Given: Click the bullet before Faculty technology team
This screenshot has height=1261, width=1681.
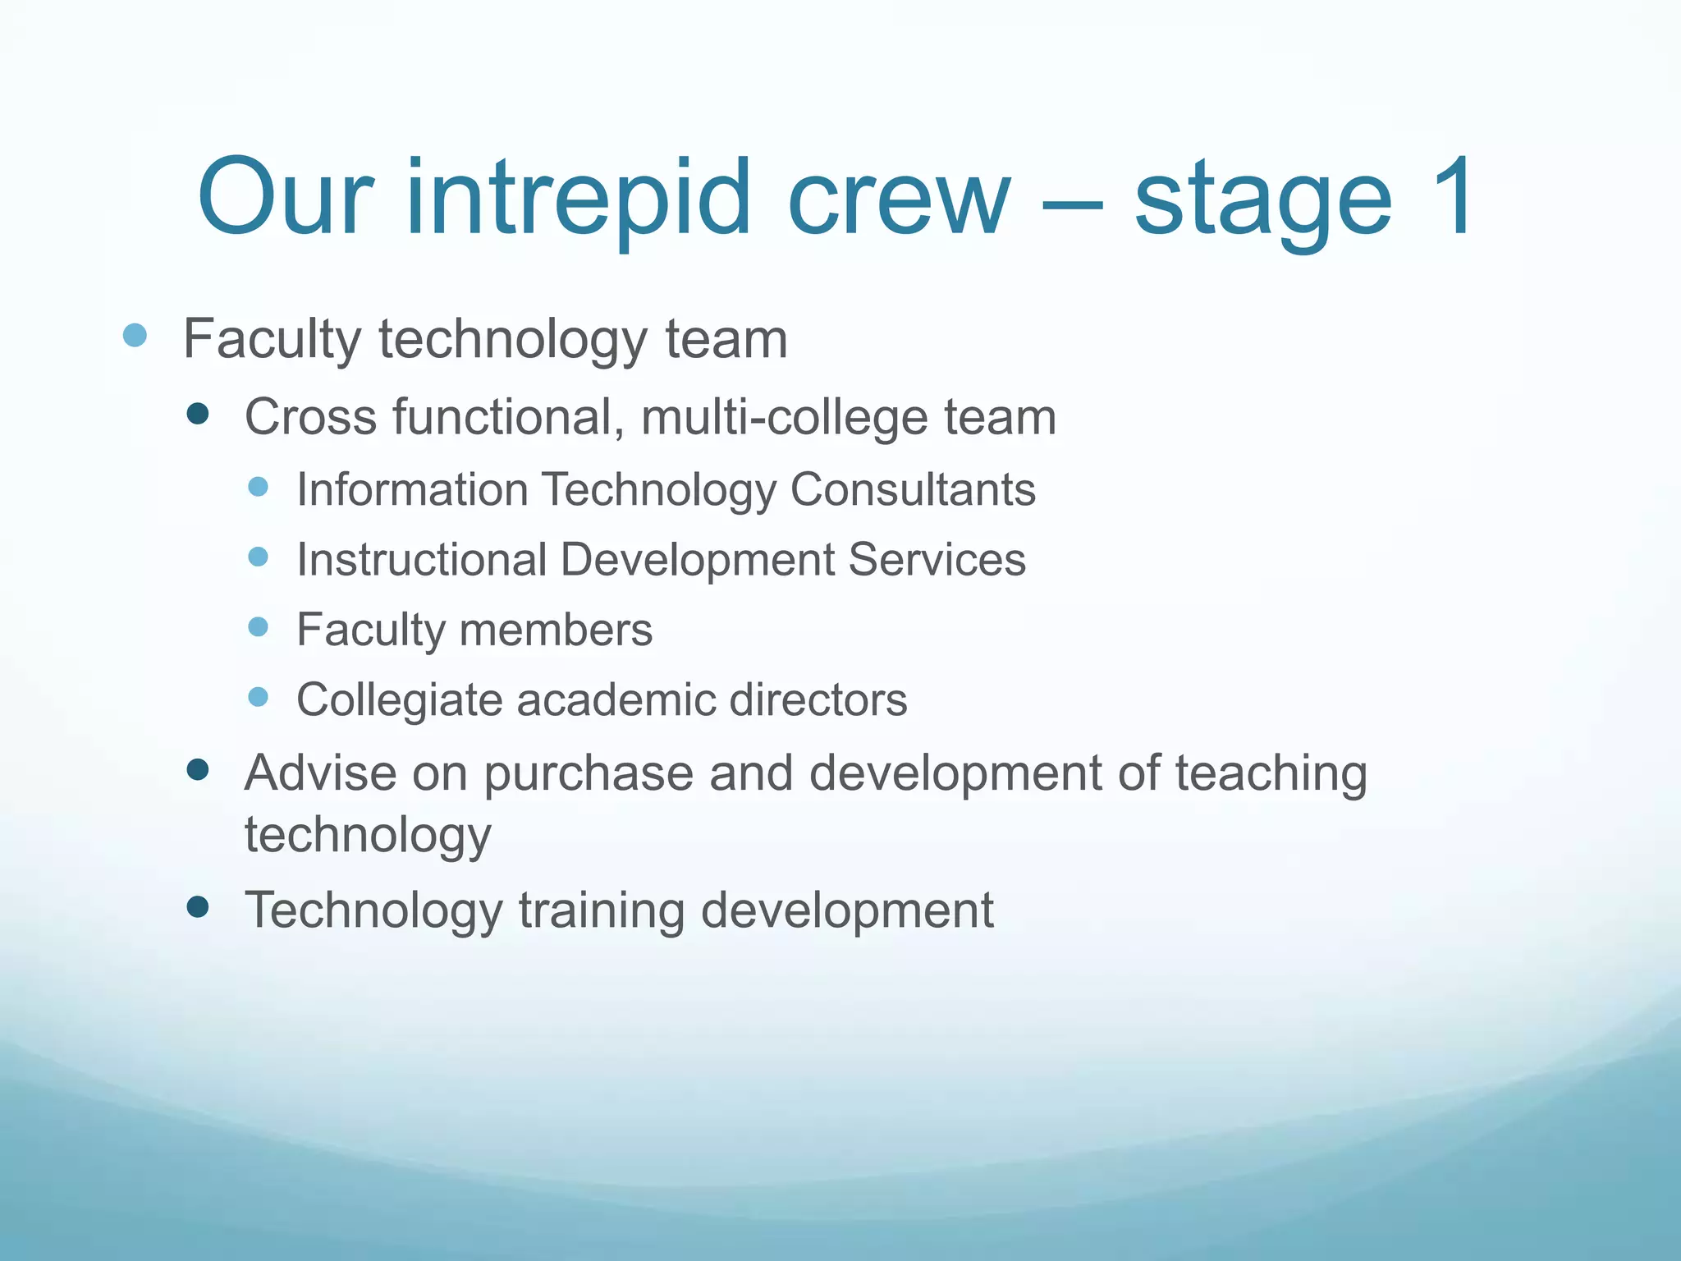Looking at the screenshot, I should tap(135, 336).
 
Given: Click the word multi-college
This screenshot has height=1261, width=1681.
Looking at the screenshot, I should tap(784, 417).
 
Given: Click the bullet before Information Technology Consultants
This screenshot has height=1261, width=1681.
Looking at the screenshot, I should tap(258, 487).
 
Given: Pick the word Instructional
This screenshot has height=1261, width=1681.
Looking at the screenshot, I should tap(422, 559).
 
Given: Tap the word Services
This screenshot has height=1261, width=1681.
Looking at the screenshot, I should tap(937, 559).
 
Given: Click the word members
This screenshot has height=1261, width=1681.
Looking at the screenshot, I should tap(556, 630).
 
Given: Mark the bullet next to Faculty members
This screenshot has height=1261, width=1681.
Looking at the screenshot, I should tap(258, 627).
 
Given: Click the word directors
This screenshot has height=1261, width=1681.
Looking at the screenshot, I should tap(818, 699).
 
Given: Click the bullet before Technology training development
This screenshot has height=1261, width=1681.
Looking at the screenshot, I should tap(198, 906).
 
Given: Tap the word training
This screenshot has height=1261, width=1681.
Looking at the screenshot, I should tap(602, 910).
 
